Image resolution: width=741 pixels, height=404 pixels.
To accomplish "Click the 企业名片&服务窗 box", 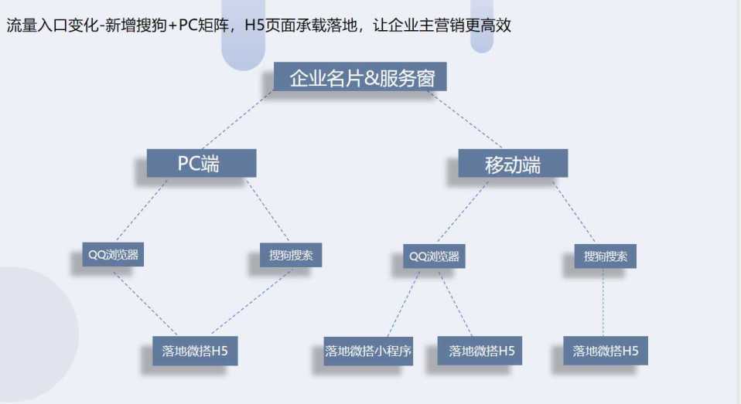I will (x=360, y=78).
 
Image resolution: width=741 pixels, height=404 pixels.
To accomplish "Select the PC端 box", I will (x=201, y=164).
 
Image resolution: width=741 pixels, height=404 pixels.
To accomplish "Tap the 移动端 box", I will (x=513, y=165).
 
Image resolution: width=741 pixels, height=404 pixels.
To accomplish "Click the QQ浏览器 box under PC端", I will (x=113, y=254).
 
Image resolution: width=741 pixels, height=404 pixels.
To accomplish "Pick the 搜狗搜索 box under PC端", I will (x=290, y=255).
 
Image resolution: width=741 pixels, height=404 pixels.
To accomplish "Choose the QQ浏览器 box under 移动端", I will (x=434, y=256).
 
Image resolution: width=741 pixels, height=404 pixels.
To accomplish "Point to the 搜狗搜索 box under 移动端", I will (x=606, y=256).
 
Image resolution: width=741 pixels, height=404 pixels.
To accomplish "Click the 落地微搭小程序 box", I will (x=368, y=351).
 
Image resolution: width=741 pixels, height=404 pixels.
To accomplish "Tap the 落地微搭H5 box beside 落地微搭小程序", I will (x=481, y=351).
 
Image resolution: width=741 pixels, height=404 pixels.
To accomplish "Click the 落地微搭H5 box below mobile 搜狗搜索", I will (x=606, y=351).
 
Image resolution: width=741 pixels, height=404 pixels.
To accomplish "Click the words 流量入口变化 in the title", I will (x=50, y=25).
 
